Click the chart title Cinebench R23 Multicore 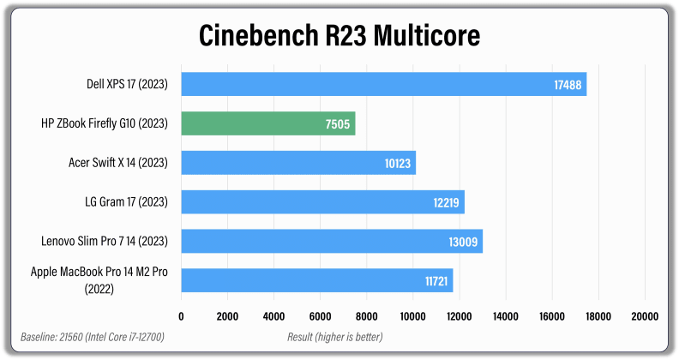tap(339, 36)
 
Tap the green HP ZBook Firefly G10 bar tap(267, 123)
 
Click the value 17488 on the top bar tap(565, 84)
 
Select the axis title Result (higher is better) tap(334, 336)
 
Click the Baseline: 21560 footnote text tap(92, 336)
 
